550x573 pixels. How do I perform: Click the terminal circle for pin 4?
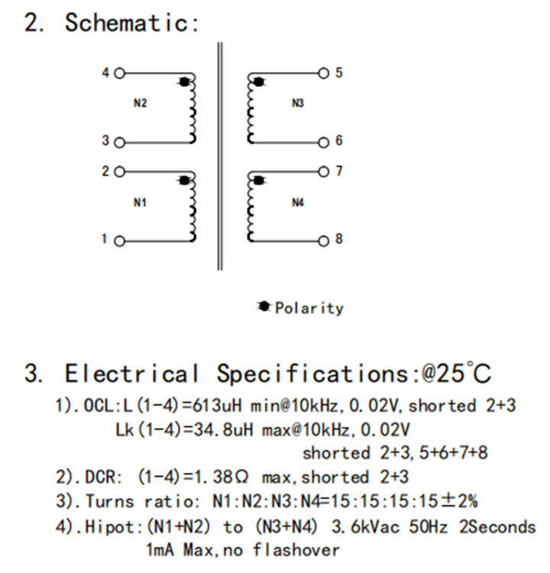(119, 73)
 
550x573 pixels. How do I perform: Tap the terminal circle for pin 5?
(323, 73)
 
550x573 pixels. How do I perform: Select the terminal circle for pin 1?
(119, 241)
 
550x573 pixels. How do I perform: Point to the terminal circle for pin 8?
(323, 241)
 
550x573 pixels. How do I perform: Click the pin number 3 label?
(105, 141)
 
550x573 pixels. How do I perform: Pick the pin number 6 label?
(339, 141)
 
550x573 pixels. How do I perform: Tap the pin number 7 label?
(339, 171)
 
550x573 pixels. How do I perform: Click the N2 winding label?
(140, 103)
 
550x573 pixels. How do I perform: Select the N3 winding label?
(298, 103)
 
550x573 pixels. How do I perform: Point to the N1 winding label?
(140, 202)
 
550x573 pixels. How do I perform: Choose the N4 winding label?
(298, 202)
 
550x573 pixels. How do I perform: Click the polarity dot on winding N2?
(185, 82)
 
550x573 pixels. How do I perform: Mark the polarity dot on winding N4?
(259, 180)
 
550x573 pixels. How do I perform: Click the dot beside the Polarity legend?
(264, 306)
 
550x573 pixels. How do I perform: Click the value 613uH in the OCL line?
(217, 406)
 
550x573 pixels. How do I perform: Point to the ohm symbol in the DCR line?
(242, 477)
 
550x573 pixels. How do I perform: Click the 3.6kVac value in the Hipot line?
(365, 527)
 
